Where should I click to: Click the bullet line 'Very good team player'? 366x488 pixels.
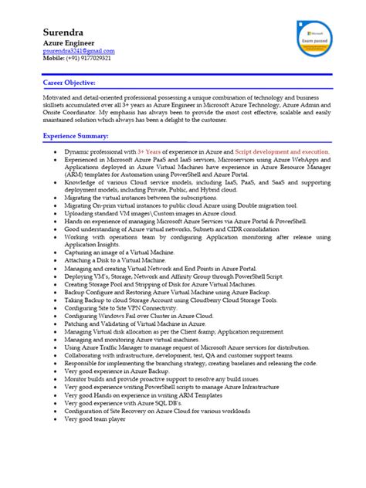pos(94,418)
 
